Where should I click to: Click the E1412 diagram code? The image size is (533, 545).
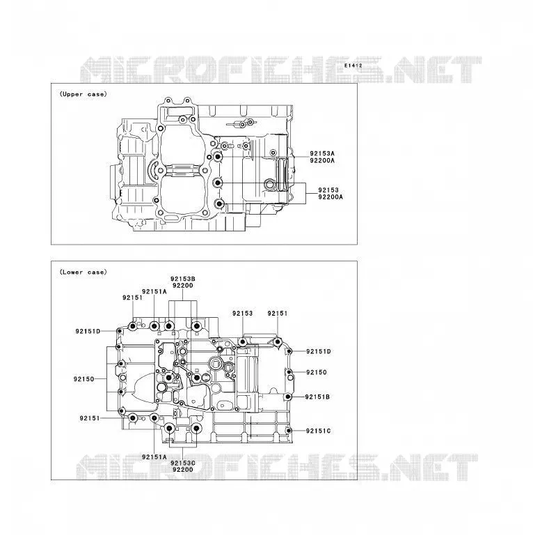[353, 66]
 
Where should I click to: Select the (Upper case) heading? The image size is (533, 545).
[83, 94]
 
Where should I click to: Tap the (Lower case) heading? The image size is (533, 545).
[83, 272]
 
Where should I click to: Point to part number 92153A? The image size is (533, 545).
[322, 153]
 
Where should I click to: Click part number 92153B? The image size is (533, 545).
[183, 279]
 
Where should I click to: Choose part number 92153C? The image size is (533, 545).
[183, 463]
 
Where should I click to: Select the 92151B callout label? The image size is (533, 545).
[317, 397]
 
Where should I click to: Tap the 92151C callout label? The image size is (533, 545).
[318, 431]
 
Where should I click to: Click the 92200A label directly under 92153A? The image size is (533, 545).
[322, 160]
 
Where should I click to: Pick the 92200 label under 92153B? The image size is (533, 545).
[183, 286]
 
